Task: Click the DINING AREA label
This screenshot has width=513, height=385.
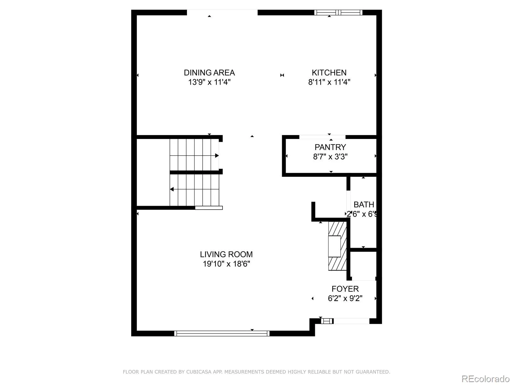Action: tap(209, 73)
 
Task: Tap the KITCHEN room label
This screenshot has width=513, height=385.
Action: tap(329, 73)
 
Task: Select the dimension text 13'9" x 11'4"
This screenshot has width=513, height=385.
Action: tap(209, 82)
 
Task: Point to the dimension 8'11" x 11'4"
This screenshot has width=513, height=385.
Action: tap(329, 82)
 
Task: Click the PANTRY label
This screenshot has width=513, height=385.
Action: tap(330, 147)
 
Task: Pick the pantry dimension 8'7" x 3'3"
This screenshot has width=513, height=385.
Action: tap(330, 157)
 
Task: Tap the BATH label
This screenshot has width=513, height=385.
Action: tap(364, 205)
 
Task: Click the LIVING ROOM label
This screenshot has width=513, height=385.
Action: tap(226, 254)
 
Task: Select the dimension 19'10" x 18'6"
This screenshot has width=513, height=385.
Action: tap(226, 264)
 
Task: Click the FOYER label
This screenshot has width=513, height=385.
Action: tap(345, 289)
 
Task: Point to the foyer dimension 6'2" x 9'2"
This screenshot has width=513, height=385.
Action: tap(345, 298)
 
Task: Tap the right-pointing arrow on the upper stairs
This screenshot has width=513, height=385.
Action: tap(217, 156)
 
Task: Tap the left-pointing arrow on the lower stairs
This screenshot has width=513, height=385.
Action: tap(172, 189)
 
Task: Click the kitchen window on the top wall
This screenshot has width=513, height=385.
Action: tap(338, 13)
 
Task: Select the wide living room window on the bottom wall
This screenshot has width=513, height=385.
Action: tap(222, 334)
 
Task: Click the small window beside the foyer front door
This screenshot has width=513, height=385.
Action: tap(327, 321)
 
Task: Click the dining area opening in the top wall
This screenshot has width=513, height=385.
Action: tap(222, 13)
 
